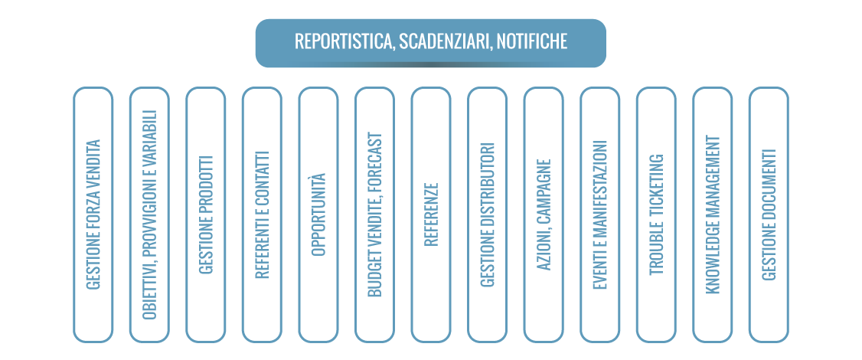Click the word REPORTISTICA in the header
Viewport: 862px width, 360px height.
(x=343, y=42)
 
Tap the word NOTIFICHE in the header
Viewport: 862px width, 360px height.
(x=532, y=42)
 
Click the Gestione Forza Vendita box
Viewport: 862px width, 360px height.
(x=93, y=214)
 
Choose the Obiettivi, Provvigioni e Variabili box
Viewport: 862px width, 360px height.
(x=149, y=214)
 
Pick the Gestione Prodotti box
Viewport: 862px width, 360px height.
(x=206, y=214)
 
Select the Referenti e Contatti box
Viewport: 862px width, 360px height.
(x=262, y=214)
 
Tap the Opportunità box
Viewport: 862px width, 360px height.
(x=318, y=214)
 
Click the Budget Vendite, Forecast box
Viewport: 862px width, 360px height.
(x=374, y=214)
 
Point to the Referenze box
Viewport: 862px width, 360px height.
(x=431, y=214)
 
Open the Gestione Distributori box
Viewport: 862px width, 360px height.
(x=488, y=214)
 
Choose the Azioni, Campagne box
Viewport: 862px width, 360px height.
(x=544, y=214)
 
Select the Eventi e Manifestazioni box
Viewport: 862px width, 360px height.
(x=600, y=214)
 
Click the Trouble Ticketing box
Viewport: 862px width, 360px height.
(x=656, y=214)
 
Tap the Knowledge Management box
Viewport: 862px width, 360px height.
(x=713, y=214)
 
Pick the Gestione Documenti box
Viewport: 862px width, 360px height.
(x=769, y=214)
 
